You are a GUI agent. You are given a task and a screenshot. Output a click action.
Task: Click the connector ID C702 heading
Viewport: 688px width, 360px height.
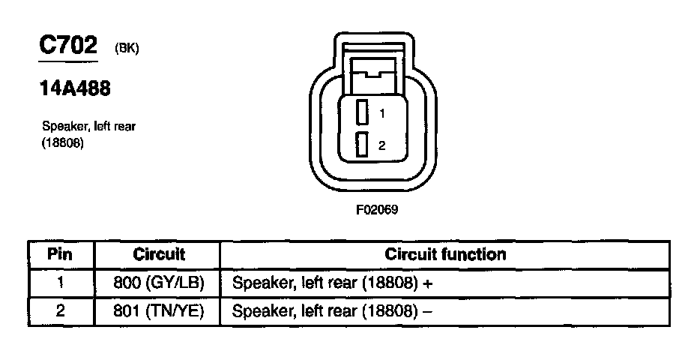click(x=68, y=46)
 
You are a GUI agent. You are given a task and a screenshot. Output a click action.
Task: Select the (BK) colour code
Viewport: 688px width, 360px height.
click(x=127, y=49)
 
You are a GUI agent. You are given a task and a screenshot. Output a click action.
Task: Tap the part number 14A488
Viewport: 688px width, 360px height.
click(x=75, y=88)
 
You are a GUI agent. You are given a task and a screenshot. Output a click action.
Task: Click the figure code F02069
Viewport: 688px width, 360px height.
click(x=377, y=210)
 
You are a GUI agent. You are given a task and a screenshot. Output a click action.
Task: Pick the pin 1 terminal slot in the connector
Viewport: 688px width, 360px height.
click(x=363, y=112)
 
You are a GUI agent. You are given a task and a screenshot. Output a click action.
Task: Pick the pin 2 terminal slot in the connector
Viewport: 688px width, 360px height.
click(x=363, y=145)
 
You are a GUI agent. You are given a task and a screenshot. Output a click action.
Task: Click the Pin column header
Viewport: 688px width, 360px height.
click(x=60, y=254)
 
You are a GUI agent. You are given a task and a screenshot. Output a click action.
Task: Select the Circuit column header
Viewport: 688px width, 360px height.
click(x=159, y=254)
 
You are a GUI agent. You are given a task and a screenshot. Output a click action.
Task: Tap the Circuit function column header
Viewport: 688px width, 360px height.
click(x=445, y=254)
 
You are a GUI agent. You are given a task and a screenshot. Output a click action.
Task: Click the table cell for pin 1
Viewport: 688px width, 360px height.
click(x=60, y=283)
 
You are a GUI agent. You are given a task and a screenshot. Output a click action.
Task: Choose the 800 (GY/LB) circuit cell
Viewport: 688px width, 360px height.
click(x=159, y=283)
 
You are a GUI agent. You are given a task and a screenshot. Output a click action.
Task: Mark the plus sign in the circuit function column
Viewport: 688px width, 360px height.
click(x=429, y=284)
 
